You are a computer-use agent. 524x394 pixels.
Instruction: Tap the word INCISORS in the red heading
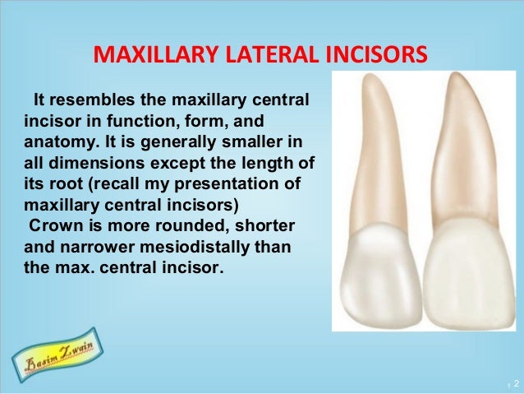[x=371, y=55]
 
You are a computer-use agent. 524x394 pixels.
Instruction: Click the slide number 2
[x=516, y=384]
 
